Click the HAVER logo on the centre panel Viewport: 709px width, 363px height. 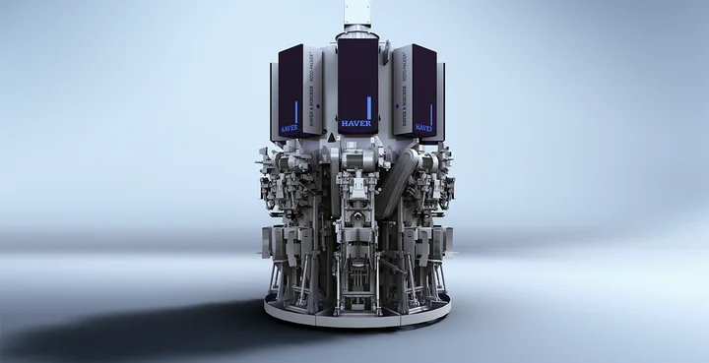(355, 126)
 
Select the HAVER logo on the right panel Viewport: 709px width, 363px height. (422, 127)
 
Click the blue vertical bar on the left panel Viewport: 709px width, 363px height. (294, 109)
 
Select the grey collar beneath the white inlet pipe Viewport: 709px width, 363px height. (354, 34)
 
